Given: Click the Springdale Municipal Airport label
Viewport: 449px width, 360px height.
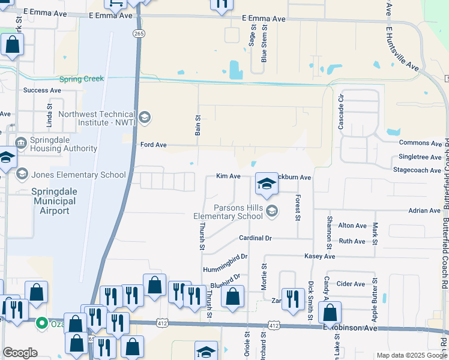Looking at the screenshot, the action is coord(54,201).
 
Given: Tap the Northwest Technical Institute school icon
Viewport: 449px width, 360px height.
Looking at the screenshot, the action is coord(144,117).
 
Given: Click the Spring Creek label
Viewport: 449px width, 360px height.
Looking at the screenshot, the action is coord(82,79).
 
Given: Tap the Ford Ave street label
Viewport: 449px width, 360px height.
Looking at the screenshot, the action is coord(152,145).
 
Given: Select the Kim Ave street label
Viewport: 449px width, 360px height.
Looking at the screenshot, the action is coord(228,177).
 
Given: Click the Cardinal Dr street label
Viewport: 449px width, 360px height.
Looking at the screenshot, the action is coord(256,238).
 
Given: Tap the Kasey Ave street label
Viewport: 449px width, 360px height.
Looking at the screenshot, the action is coord(320,256).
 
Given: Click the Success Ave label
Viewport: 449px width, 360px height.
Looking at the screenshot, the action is coord(42,90).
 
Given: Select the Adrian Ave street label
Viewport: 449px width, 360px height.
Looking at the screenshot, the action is coord(424,211).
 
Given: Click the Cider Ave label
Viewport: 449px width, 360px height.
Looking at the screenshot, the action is coord(351,284).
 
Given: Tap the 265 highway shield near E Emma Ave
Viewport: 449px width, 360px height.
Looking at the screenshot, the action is coord(139,34).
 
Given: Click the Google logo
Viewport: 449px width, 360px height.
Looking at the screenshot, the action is coord(20,353).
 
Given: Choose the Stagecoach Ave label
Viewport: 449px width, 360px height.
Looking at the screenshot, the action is coord(417,170).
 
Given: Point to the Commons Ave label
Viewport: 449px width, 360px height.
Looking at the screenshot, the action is coord(420,143).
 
